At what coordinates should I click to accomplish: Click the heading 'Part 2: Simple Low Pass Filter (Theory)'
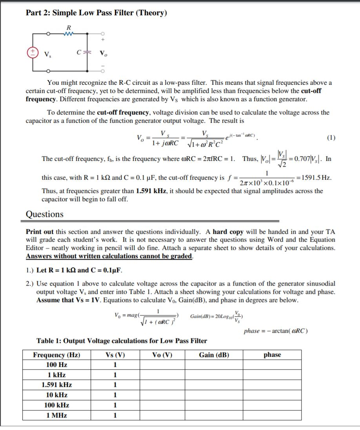pos(96,13)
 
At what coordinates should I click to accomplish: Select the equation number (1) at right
pos(331,138)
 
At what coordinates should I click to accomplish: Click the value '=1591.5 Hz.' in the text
pos(315,177)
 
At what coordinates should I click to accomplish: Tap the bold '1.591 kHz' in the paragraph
pos(149,191)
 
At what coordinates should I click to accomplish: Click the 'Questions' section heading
pos(44,214)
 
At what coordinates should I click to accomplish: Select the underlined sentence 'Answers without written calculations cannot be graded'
pos(109,256)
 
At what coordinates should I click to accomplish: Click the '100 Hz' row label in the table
pos(56,365)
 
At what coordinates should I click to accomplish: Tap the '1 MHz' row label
pos(56,415)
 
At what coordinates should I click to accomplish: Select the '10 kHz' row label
pos(56,395)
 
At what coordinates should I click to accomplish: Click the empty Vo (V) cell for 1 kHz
pos(162,375)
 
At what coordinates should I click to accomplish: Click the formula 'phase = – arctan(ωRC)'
pos(276,331)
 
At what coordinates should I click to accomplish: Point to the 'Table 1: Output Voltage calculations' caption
pos(122,341)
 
